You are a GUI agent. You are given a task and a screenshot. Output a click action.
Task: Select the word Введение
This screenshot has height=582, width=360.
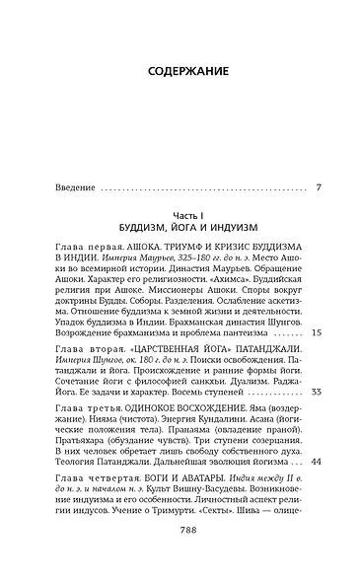[x=75, y=186]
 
